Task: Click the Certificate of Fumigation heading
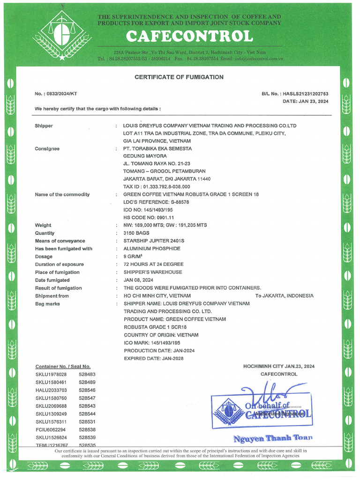click(179, 77)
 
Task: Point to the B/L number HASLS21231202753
click(306, 94)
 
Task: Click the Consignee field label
click(47, 149)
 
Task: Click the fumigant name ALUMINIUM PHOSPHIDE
click(151, 248)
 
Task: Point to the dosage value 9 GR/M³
click(134, 256)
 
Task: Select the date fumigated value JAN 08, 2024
click(139, 280)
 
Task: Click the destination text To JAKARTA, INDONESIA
click(284, 296)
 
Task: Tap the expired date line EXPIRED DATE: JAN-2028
click(153, 359)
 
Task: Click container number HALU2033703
click(51, 390)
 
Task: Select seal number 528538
click(87, 429)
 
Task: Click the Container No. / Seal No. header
click(63, 367)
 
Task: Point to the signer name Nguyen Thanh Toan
click(272, 438)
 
